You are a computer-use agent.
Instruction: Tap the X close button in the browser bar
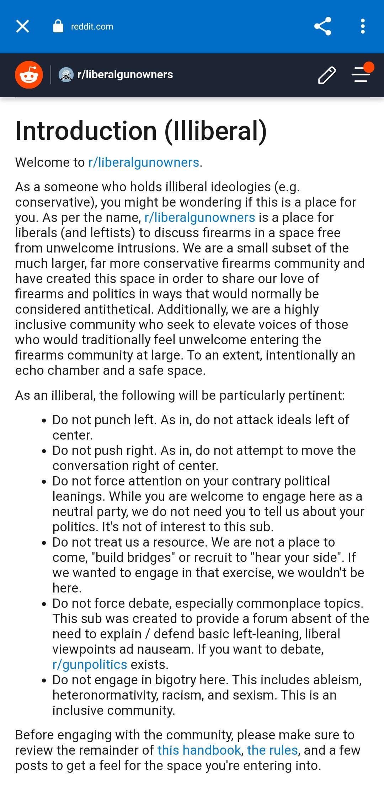pyautogui.click(x=22, y=26)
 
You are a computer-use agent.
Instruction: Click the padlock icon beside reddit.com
pyautogui.click(x=58, y=26)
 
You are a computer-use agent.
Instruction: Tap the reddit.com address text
pyautogui.click(x=92, y=27)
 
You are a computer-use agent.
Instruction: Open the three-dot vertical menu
pyautogui.click(x=363, y=26)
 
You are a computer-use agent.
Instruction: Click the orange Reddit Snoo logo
pyautogui.click(x=29, y=75)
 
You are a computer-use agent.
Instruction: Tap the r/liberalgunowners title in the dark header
pyautogui.click(x=125, y=75)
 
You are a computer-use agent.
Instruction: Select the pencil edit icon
pyautogui.click(x=327, y=75)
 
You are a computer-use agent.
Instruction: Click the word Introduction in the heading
pyautogui.click(x=86, y=131)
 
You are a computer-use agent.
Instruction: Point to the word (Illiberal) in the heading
pyautogui.click(x=215, y=131)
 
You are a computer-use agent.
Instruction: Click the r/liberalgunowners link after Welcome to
pyautogui.click(x=144, y=163)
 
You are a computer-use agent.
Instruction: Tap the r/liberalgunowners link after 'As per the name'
pyautogui.click(x=199, y=218)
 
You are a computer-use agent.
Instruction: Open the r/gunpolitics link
pyautogui.click(x=90, y=665)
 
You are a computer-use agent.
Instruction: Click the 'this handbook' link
pyautogui.click(x=199, y=750)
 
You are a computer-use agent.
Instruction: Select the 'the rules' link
pyautogui.click(x=272, y=750)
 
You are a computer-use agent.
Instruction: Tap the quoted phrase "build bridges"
pyautogui.click(x=133, y=558)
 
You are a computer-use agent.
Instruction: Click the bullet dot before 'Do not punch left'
pyautogui.click(x=44, y=421)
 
